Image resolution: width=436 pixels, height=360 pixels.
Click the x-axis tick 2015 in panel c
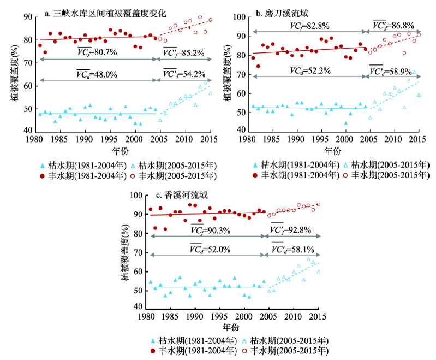point(318,316)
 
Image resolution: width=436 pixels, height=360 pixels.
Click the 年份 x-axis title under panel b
point(333,150)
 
